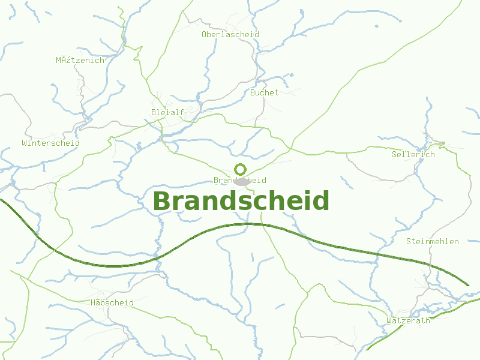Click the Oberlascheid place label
coord(230,34)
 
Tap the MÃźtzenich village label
coord(80,60)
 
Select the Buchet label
coord(264,92)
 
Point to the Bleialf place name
coord(167,112)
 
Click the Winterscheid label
coord(50,143)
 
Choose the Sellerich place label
coord(413,154)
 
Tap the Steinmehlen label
coord(432,241)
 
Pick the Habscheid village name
coord(112,302)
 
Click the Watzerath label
coord(408,320)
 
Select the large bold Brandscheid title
coord(241,201)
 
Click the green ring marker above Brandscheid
coord(241,169)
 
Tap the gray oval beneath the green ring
coord(241,181)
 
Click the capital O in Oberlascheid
coord(205,34)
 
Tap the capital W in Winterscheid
coord(24,143)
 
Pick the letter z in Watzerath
coord(399,320)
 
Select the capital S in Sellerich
coord(394,154)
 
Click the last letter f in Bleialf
coord(182,112)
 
